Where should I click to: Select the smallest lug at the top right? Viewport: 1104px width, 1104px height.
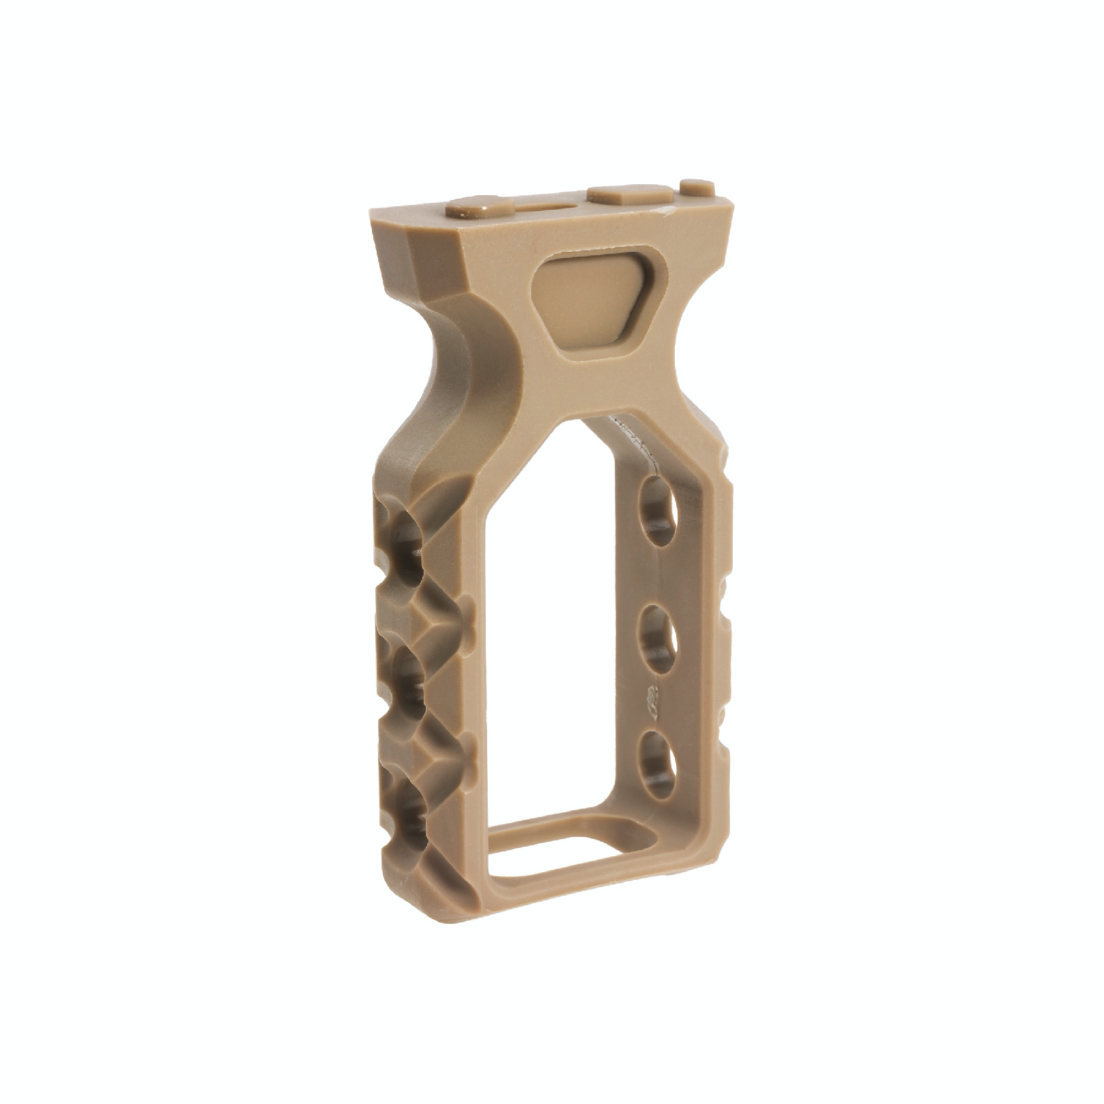click(x=697, y=186)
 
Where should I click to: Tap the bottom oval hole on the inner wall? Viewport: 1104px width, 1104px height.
click(x=656, y=765)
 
